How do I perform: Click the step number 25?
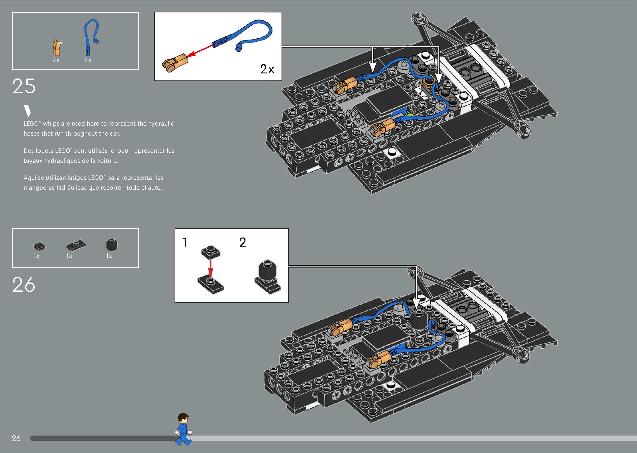coord(24,86)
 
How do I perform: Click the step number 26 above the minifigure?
coord(24,285)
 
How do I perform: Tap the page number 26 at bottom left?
coord(16,438)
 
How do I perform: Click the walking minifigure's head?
coord(183,418)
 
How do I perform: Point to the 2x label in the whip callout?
coord(267,69)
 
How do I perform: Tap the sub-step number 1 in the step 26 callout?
coord(184,242)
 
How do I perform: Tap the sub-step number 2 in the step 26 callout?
coord(243,242)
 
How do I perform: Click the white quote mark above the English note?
coord(27,111)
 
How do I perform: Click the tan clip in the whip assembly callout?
coord(175,63)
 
